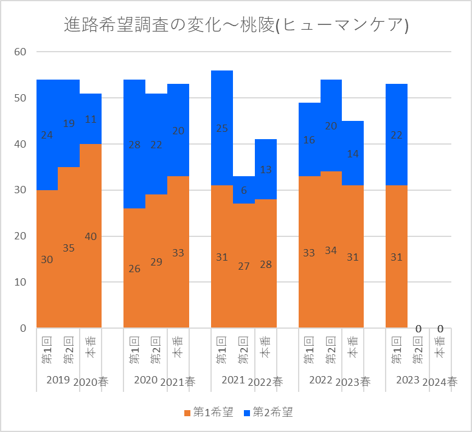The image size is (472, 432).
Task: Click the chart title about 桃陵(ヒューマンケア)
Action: pos(236,26)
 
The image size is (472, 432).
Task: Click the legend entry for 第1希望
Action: pos(208,413)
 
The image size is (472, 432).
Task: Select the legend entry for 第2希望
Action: pos(268,413)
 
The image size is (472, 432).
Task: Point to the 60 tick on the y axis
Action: pos(20,52)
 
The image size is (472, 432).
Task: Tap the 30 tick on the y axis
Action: pos(20,190)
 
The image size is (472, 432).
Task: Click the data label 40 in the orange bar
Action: pos(91,236)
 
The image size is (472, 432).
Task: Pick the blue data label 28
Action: pos(134,145)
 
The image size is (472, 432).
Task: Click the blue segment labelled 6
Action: pos(244,190)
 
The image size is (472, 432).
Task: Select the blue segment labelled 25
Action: pos(222,129)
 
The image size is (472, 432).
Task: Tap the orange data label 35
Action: pos(69,248)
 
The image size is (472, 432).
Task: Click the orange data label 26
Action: pos(134,269)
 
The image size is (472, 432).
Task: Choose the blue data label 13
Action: pos(266,170)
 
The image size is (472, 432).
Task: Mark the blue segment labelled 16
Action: pos(309,140)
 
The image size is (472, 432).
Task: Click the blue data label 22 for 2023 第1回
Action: pos(397,135)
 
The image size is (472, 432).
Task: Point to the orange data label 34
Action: pos(331,250)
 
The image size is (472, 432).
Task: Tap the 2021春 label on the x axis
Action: pos(178,382)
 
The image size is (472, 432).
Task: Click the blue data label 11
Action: pos(91,119)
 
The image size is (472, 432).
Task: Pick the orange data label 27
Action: pos(244,266)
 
